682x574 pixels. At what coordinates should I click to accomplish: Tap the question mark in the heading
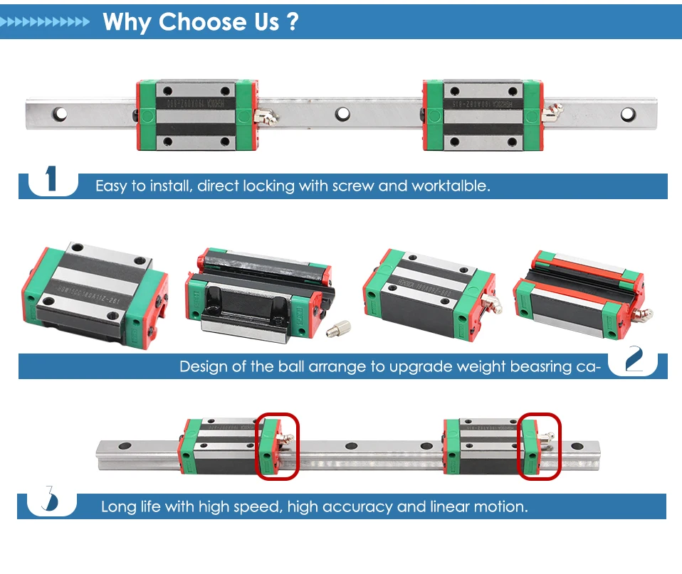pyautogui.click(x=290, y=22)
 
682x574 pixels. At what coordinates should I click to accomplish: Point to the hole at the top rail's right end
pyautogui.click(x=627, y=113)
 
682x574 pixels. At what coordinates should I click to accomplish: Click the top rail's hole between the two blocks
pyautogui.click(x=344, y=113)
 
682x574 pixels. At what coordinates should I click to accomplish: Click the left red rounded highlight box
pyautogui.click(x=278, y=447)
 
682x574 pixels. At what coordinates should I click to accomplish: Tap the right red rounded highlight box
pyautogui.click(x=539, y=447)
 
